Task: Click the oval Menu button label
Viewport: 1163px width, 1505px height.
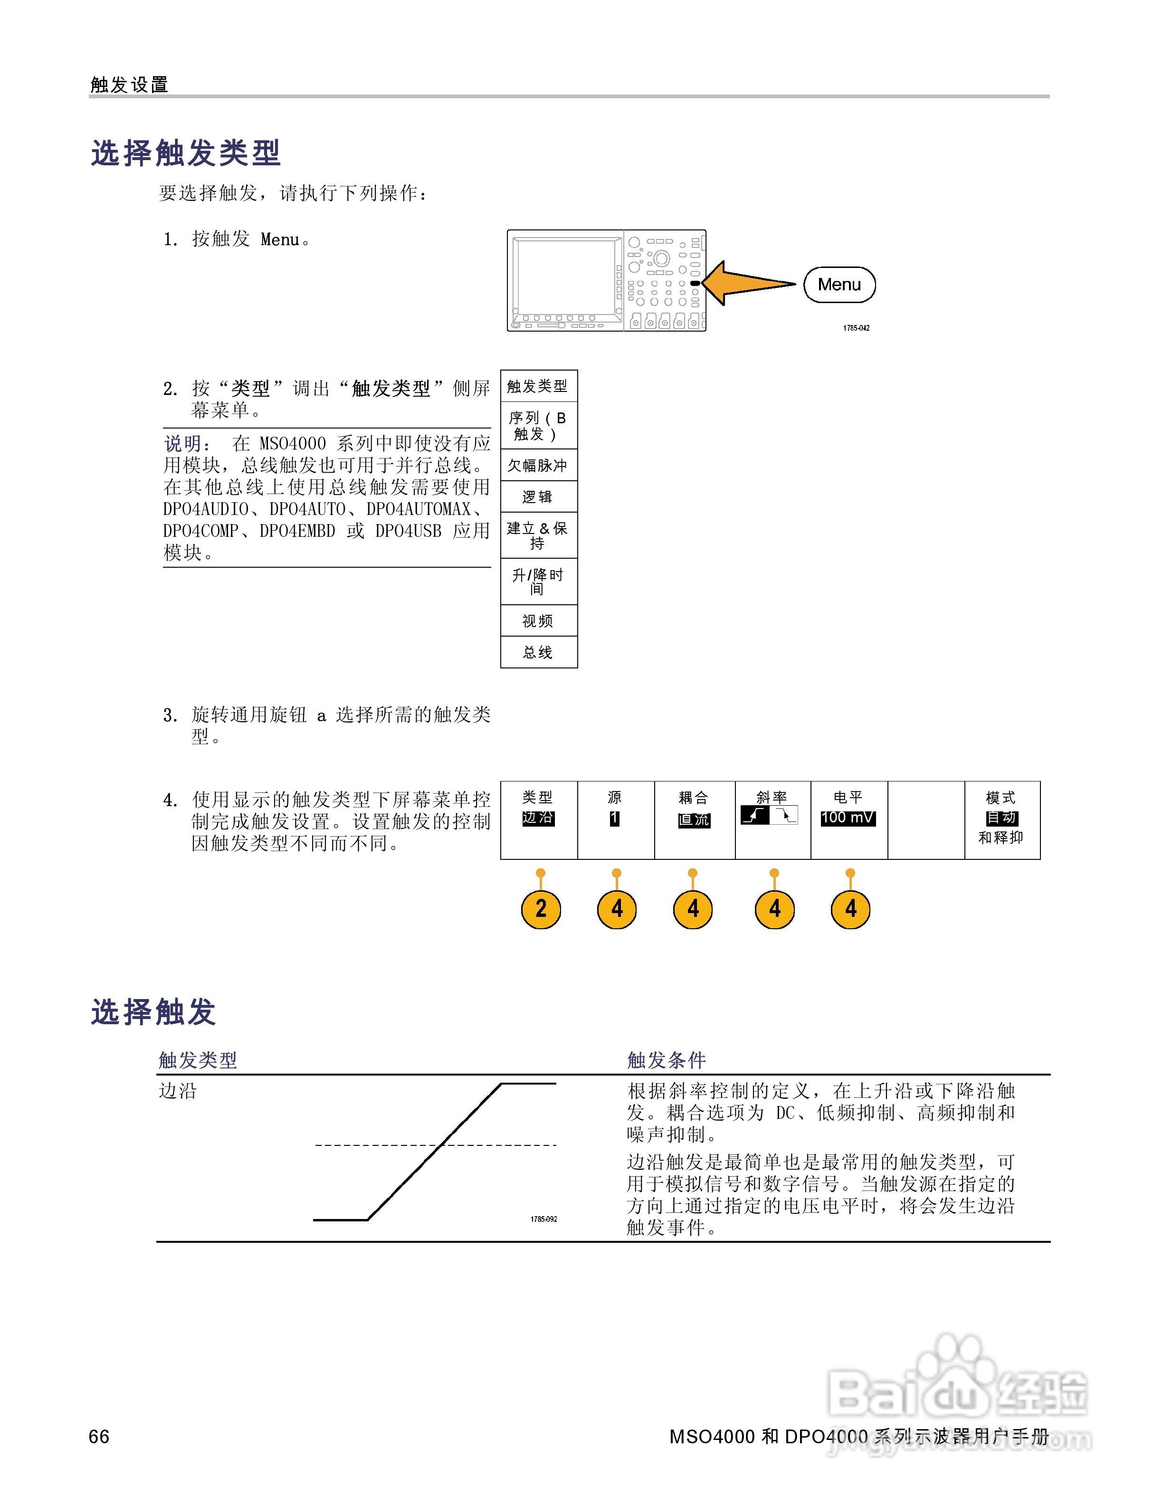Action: pyautogui.click(x=839, y=285)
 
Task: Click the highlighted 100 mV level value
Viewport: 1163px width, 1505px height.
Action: pyautogui.click(x=848, y=818)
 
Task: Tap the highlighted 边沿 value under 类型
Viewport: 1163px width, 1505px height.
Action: pyautogui.click(x=538, y=818)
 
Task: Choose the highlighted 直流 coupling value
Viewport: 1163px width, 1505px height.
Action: pyautogui.click(x=694, y=819)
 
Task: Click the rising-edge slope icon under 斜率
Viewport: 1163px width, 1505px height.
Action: pyautogui.click(x=755, y=815)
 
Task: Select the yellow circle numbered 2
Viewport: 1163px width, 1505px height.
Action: pyautogui.click(x=541, y=908)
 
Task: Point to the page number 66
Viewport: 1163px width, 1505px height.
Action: pyautogui.click(x=99, y=1435)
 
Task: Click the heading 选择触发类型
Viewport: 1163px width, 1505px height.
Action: pyautogui.click(x=186, y=153)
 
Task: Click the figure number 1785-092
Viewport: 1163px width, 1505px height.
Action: pyautogui.click(x=543, y=1219)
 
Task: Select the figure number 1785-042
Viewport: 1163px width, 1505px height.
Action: pyautogui.click(x=857, y=328)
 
